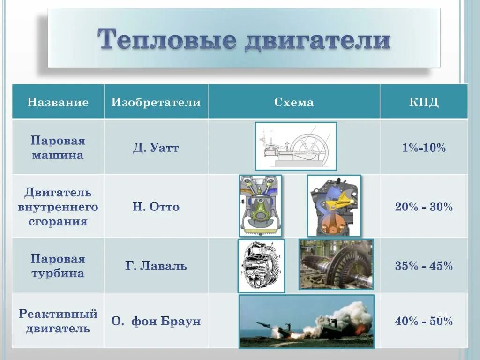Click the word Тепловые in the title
(x=166, y=40)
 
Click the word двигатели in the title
(x=317, y=40)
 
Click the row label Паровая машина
(x=58, y=148)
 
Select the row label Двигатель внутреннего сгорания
(x=58, y=207)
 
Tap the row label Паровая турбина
(x=58, y=266)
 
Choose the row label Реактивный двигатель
(x=58, y=321)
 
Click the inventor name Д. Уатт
(x=156, y=149)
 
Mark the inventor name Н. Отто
(x=156, y=207)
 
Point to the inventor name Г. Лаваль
(x=156, y=266)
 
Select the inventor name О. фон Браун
(x=156, y=322)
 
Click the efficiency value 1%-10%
(x=423, y=149)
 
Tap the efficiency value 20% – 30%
(x=423, y=207)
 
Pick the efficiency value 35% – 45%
(x=423, y=266)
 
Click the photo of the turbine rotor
(x=336, y=264)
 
